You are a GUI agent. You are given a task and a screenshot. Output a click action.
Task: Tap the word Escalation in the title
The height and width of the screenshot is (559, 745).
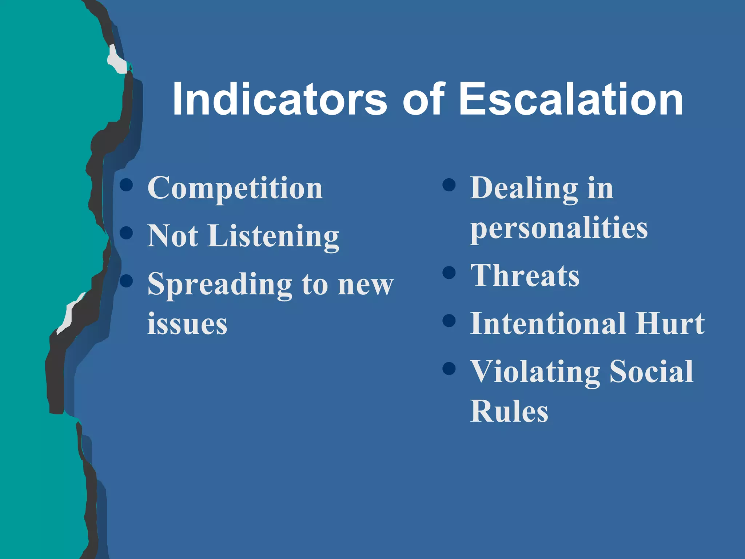tap(571, 99)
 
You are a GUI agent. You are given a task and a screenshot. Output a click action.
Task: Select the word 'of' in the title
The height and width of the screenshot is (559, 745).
tap(423, 99)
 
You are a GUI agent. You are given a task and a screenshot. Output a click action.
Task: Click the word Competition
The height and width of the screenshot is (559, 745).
tap(235, 189)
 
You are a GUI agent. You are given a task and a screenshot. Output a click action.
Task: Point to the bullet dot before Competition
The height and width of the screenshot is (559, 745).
tap(126, 185)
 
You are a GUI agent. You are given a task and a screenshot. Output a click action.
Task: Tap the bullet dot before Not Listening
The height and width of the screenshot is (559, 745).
tap(126, 233)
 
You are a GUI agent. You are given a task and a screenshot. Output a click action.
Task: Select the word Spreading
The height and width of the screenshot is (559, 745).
tap(220, 285)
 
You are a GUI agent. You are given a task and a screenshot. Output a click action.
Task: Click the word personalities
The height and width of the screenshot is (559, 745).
tap(559, 229)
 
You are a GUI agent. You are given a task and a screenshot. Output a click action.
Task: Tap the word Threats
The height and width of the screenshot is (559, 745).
tap(525, 275)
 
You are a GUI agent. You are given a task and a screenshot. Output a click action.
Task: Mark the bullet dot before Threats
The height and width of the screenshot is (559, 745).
tap(449, 273)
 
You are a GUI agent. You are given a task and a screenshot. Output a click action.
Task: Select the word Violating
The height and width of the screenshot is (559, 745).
tap(535, 372)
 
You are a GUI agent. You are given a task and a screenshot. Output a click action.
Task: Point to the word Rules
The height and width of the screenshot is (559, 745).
tap(509, 411)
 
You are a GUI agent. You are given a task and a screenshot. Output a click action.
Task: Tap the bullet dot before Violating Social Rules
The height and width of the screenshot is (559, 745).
tap(449, 368)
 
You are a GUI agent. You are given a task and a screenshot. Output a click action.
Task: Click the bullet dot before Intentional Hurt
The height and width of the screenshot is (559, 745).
tap(449, 321)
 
